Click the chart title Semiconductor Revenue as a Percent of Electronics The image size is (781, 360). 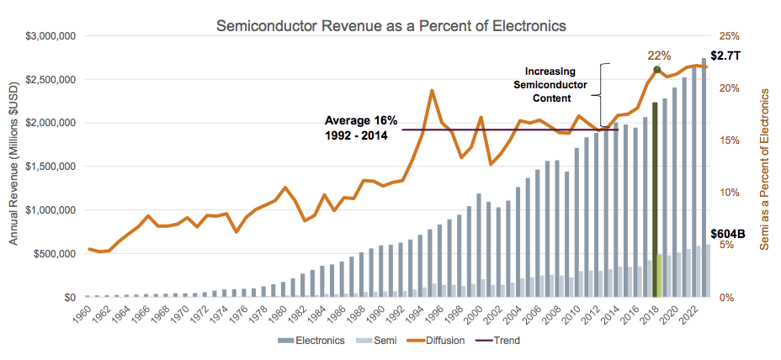tap(391, 25)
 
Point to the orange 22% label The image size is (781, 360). tap(659, 56)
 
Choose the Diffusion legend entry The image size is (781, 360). tap(444, 341)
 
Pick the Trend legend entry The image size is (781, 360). tap(502, 341)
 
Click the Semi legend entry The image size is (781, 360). tap(380, 341)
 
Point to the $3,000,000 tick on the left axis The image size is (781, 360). tap(51, 36)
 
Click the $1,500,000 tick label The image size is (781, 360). tap(51, 167)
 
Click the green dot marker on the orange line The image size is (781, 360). tap(657, 68)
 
